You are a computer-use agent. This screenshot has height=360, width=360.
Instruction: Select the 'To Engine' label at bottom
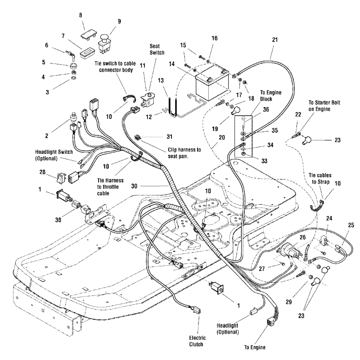tap(268, 347)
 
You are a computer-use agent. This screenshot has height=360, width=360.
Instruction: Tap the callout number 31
tap(155, 137)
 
